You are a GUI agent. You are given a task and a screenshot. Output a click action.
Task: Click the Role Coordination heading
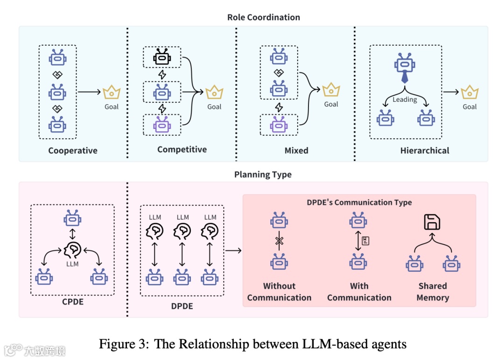tap(264, 17)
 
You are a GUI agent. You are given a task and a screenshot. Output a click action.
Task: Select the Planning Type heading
tap(263, 175)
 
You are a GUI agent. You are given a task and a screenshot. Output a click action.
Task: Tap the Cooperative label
tap(73, 151)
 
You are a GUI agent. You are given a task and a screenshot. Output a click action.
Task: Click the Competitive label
tap(182, 149)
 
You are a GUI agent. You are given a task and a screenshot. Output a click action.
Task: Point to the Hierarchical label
tap(425, 151)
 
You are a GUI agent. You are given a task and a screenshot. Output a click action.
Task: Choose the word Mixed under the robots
tap(296, 151)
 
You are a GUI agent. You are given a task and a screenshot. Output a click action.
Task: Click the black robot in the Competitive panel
tap(161, 57)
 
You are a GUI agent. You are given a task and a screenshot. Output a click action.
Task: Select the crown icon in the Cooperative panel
tap(112, 92)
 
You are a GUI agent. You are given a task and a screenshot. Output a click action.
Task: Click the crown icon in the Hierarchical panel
tap(469, 92)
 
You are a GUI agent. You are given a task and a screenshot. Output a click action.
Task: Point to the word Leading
tap(404, 99)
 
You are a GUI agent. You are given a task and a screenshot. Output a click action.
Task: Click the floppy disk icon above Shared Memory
tap(432, 222)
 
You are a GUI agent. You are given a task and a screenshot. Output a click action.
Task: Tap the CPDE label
tap(73, 302)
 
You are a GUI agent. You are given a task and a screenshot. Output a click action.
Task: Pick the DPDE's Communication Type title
tap(359, 202)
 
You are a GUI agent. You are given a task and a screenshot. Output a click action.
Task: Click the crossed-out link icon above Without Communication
tap(279, 240)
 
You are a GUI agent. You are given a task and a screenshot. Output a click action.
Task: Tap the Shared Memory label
tap(433, 292)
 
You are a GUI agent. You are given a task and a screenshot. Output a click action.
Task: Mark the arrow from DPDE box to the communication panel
tap(233, 251)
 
